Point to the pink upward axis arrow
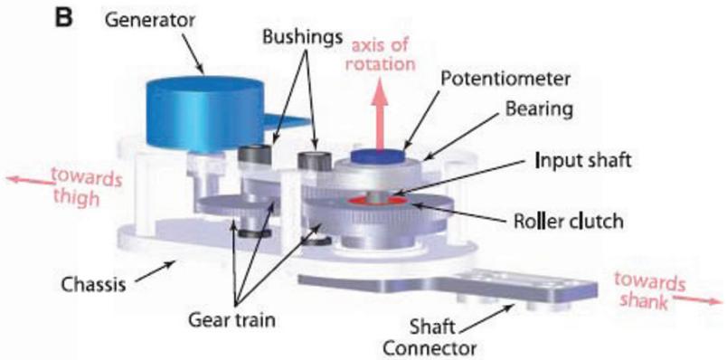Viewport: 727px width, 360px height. (380, 118)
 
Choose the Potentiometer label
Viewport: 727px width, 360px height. (505, 81)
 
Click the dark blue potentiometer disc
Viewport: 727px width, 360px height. (378, 156)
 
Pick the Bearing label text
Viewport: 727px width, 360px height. (539, 110)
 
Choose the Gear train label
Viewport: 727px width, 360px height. (231, 320)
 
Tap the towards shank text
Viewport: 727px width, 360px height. (649, 290)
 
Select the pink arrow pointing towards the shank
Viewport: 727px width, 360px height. (697, 298)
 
